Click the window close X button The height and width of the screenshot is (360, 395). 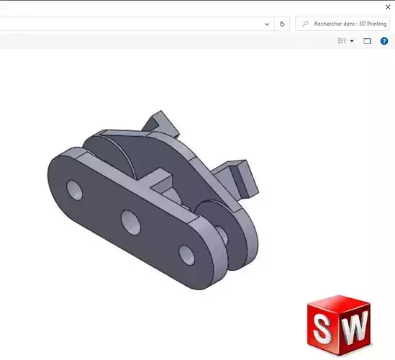[x=388, y=6]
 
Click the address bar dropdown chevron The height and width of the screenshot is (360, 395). [x=267, y=24]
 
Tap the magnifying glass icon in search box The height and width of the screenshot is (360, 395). [x=305, y=24]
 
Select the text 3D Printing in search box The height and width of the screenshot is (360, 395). [x=372, y=24]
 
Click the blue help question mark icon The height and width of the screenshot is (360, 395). [x=384, y=41]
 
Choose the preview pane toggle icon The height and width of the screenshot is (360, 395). [x=367, y=41]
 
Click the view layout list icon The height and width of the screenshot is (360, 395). [x=342, y=41]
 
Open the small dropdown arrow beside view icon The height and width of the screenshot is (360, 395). [x=352, y=42]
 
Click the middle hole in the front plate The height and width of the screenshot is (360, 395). [x=130, y=221]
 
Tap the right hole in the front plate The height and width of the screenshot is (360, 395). [x=186, y=253]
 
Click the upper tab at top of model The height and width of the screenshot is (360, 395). [x=160, y=122]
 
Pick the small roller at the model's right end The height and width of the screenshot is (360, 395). [x=234, y=234]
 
